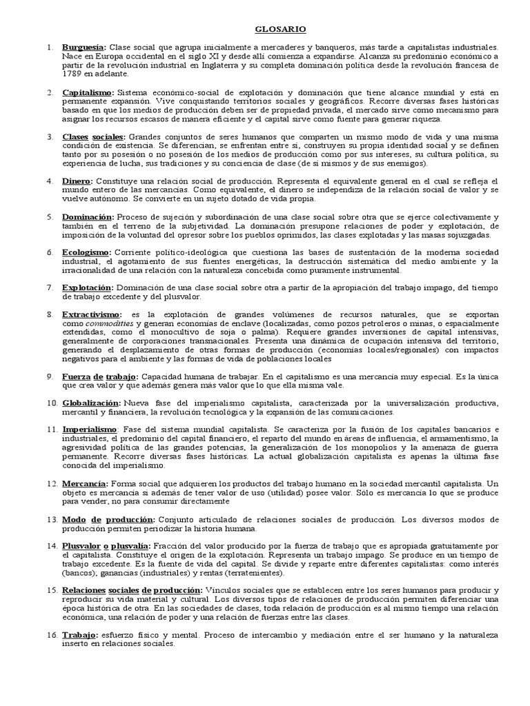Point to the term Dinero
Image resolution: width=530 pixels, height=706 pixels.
[x=77, y=181]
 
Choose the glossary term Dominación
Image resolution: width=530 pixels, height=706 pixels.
[x=88, y=217]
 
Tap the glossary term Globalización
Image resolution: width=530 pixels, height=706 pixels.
[x=92, y=403]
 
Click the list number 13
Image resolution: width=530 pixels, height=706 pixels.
[x=51, y=519]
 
